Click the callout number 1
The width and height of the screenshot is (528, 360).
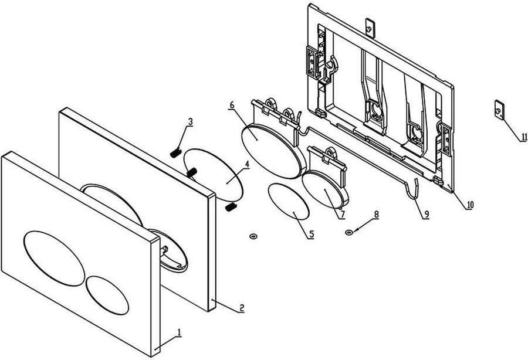pos(180,332)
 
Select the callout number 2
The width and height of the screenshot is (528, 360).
pos(242,307)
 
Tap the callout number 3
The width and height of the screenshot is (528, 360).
pos(191,122)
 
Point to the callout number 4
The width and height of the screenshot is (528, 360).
pos(247,164)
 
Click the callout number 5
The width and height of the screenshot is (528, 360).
pos(312,234)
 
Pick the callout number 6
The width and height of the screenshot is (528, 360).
pos(232,104)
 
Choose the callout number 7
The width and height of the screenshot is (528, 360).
pos(342,214)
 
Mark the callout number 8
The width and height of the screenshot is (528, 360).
pos(377,214)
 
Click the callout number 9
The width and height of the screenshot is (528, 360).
pos(427,214)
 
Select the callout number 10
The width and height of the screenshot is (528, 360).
pos(470,205)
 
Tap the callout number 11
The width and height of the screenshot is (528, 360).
pos(524,137)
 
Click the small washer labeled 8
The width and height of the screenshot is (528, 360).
pos(349,232)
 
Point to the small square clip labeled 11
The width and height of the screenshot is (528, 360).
pos(499,110)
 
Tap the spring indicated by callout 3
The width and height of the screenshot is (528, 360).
pos(175,153)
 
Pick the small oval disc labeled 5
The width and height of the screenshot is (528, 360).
pos(289,202)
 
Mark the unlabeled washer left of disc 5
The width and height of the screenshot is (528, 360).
pos(253,236)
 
